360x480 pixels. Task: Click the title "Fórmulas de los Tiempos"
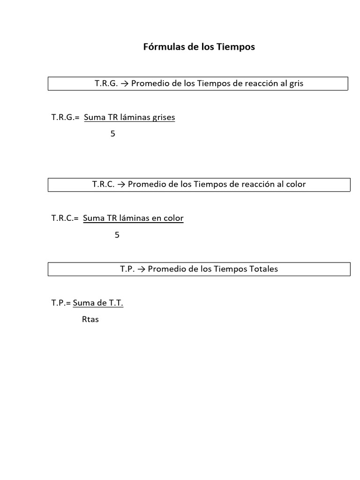pos(199,47)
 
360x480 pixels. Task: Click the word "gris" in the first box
pos(296,83)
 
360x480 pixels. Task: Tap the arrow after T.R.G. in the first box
pos(124,83)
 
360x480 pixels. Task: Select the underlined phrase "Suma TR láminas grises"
pos(129,117)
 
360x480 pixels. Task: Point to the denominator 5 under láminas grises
pos(112,134)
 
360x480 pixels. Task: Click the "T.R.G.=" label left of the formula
pos(65,117)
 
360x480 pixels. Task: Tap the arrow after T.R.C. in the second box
pos(121,184)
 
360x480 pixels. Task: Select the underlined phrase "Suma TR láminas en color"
pos(133,218)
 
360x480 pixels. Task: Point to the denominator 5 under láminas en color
pos(117,235)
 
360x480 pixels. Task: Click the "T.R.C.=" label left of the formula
pos(65,218)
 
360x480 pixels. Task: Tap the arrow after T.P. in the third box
pos(141,269)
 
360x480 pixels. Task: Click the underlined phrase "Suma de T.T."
pos(98,303)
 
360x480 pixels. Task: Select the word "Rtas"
pos(90,320)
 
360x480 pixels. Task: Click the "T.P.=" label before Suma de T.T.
pos(61,303)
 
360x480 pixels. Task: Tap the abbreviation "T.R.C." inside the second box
pos(104,184)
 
